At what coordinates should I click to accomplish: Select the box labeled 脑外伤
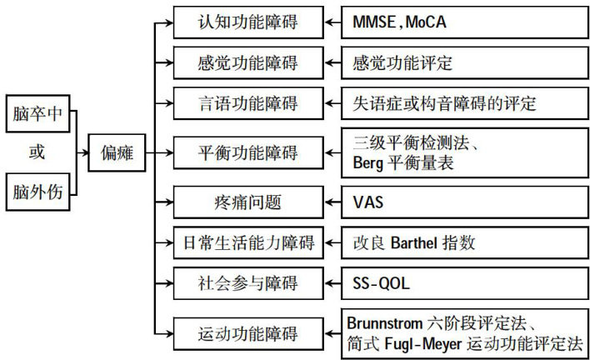[x=37, y=193]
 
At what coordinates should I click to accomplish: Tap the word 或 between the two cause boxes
[x=37, y=153]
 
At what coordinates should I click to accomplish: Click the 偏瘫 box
[x=117, y=153]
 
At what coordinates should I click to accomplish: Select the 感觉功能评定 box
[x=408, y=63]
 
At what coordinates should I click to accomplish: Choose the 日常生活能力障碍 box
[x=248, y=242]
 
